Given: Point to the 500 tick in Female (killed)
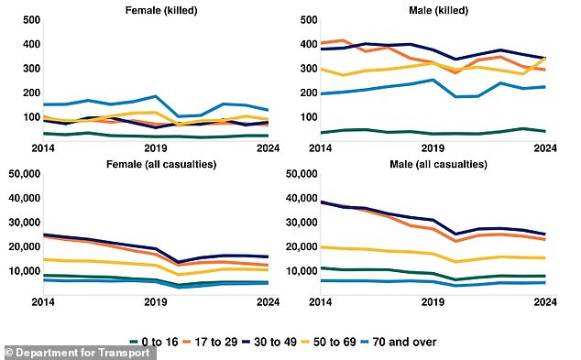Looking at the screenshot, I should pos(28,20).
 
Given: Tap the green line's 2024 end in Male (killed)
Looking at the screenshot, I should pos(544,132).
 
